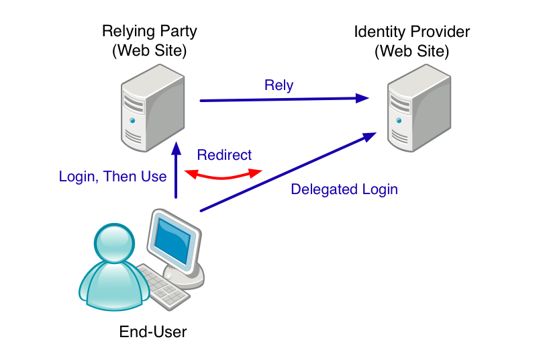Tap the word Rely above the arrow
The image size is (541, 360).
click(x=279, y=85)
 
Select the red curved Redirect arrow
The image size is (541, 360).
click(x=223, y=176)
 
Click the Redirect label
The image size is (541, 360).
click(x=224, y=155)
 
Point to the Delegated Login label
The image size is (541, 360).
click(x=344, y=189)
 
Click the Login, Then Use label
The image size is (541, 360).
click(x=112, y=177)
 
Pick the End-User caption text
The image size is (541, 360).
click(x=152, y=331)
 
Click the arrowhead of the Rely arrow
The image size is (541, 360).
click(x=362, y=98)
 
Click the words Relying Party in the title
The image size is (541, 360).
click(x=148, y=31)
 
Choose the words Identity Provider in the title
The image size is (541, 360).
click(x=411, y=32)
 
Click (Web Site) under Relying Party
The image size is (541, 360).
click(x=148, y=50)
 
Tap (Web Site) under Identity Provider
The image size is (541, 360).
click(x=411, y=51)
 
